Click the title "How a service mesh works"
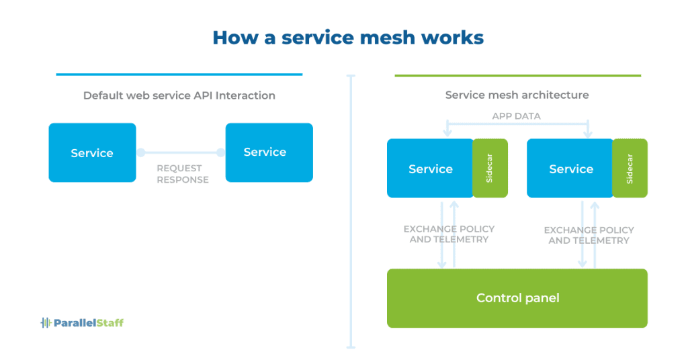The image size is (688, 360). coord(347,37)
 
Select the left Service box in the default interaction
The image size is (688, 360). coord(92,152)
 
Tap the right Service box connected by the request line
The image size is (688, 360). coord(269,152)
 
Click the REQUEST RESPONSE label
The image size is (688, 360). coord(182,174)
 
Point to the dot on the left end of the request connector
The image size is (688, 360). coord(140,152)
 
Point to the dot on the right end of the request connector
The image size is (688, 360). coord(220,152)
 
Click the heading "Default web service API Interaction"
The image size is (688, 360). coord(179,95)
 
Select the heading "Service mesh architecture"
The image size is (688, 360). coord(517,95)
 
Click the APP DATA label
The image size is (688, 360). coord(516,116)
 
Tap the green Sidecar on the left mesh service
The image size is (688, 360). coord(490,169)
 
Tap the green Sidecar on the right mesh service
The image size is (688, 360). coord(630,169)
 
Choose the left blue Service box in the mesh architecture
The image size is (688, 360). coord(430,169)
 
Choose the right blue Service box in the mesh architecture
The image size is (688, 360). coord(570,169)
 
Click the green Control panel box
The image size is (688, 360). coord(517,298)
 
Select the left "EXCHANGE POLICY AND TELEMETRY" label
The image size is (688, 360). coord(448,234)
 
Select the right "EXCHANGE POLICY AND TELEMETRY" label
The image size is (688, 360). coord(589,235)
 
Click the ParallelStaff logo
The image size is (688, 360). coord(82,322)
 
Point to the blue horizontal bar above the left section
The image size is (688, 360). coord(179,75)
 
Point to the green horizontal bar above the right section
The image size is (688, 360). coord(517,75)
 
